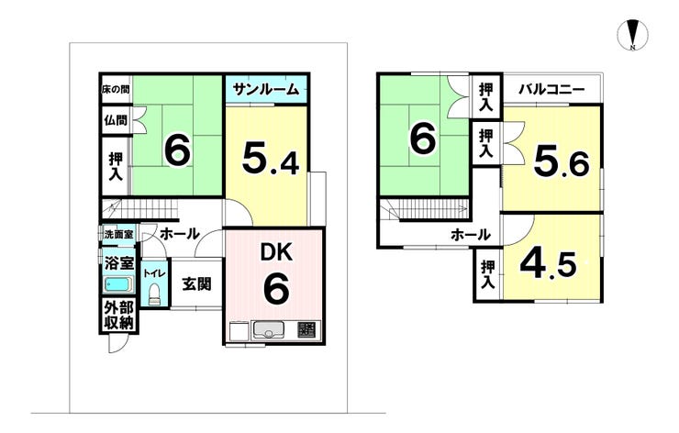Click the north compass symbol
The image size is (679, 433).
(x=633, y=35)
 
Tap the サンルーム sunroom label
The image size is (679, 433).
(x=266, y=89)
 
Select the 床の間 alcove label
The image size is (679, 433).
(x=116, y=90)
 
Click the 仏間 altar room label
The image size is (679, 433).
(x=116, y=120)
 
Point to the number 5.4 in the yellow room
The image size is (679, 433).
(x=270, y=159)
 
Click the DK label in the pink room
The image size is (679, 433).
(x=276, y=251)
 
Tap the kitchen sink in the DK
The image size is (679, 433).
(x=269, y=331)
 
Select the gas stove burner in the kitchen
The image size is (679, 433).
(x=308, y=330)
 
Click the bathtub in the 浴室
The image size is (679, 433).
(x=117, y=284)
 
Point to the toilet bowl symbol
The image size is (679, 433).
(x=154, y=294)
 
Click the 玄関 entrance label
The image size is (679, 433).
(x=196, y=284)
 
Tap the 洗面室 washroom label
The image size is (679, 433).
(x=119, y=234)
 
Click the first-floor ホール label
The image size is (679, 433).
(x=179, y=234)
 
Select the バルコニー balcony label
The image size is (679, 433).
(x=552, y=90)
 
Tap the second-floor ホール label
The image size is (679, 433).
(x=471, y=235)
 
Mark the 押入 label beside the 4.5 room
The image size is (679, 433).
(x=487, y=274)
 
